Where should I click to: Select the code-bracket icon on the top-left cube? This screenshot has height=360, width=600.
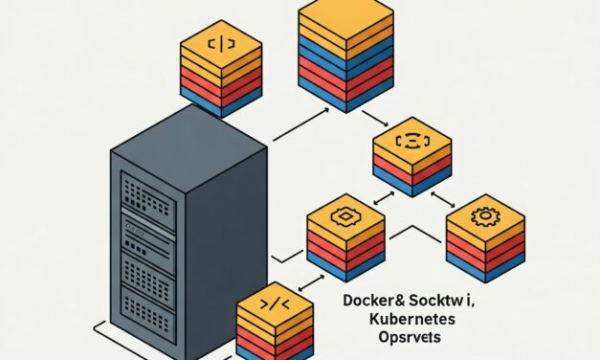220,44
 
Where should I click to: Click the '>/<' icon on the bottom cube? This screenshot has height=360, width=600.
274,304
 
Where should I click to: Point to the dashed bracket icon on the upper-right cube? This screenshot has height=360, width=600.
411,141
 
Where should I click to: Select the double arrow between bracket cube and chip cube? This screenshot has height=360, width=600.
382,197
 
